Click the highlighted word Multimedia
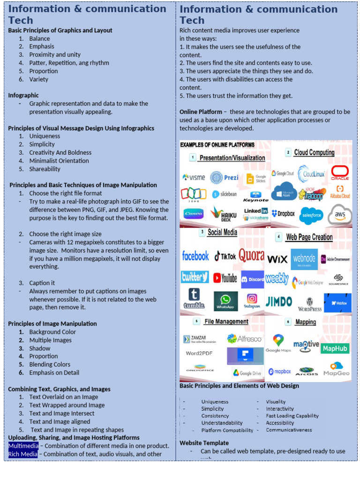click(23, 446)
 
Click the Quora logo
click(251, 256)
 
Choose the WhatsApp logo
click(225, 300)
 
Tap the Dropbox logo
click(283, 213)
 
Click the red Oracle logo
click(340, 172)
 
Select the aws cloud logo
click(340, 215)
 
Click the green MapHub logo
click(335, 348)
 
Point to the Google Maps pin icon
click(278, 340)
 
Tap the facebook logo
click(195, 256)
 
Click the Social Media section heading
click(222, 232)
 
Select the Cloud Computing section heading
click(314, 152)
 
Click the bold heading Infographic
click(23, 95)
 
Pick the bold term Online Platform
click(201, 112)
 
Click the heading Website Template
click(204, 443)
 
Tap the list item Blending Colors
click(50, 365)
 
